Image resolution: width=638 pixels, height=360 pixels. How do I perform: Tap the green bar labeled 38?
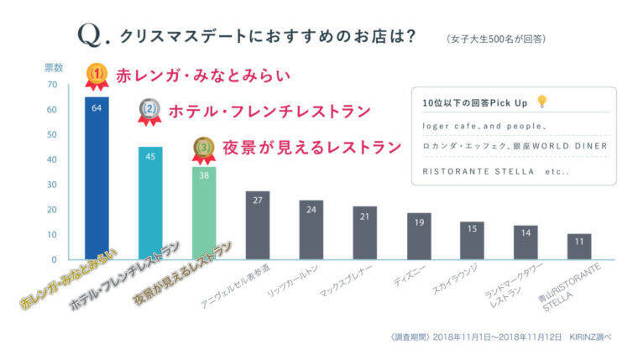tap(204, 213)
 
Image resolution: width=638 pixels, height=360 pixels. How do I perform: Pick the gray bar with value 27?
tap(258, 226)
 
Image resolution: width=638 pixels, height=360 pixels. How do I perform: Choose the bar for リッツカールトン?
tap(311, 230)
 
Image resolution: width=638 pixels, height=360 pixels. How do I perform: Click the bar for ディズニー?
tap(418, 237)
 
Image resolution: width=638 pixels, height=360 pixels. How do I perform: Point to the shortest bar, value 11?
tap(578, 247)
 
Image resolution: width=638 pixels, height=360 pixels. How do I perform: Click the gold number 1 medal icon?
tap(97, 76)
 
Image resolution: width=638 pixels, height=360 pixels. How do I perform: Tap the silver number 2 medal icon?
tap(149, 110)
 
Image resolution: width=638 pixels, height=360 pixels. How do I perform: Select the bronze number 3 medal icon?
tap(204, 149)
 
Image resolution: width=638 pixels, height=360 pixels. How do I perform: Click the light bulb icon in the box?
tap(542, 102)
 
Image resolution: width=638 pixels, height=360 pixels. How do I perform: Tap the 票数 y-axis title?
tap(54, 67)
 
